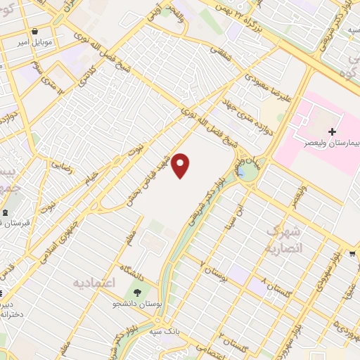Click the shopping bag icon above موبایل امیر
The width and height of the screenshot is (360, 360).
35,31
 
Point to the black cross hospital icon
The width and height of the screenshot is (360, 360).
332,131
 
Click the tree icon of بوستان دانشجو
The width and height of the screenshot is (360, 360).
137,293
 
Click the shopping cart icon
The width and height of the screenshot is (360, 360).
352,255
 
